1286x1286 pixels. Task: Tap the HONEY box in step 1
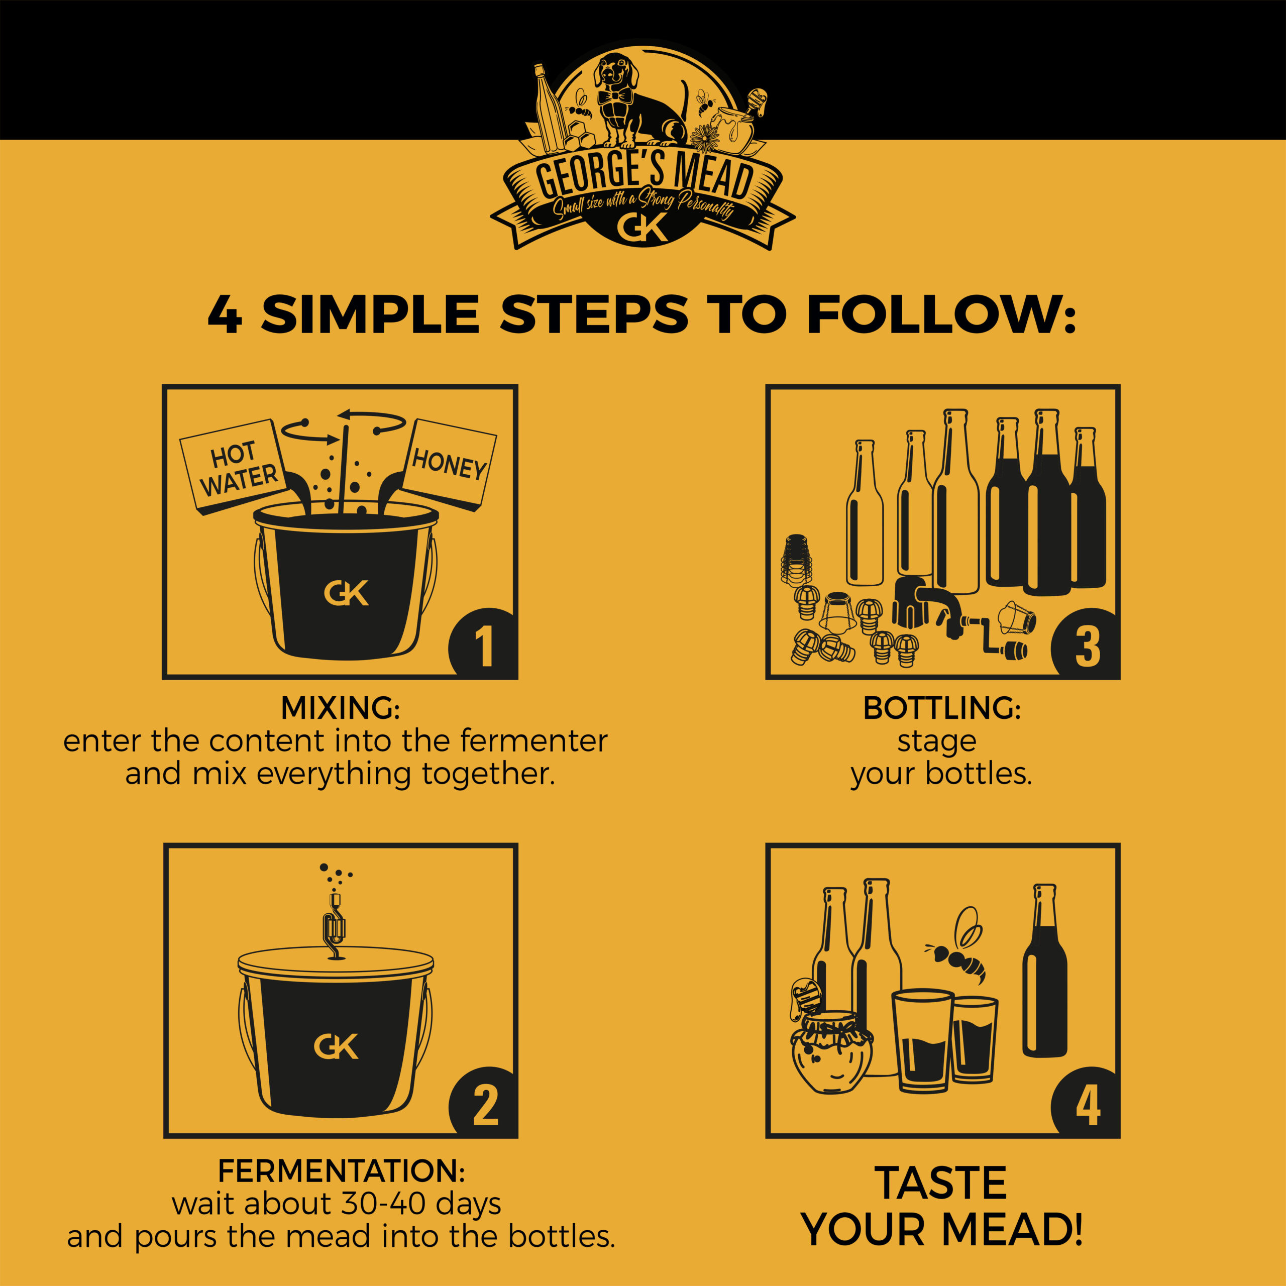(449, 464)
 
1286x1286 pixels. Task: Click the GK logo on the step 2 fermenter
(336, 1046)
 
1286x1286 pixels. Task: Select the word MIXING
(340, 708)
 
